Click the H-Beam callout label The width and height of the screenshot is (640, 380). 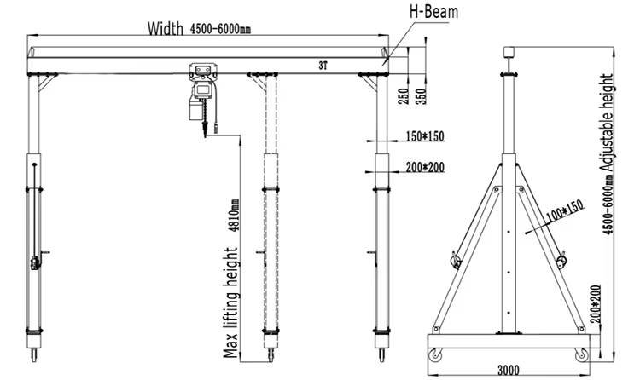coord(435,11)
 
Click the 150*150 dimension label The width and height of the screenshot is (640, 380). coord(425,136)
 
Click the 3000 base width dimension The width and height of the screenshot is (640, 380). coord(509,371)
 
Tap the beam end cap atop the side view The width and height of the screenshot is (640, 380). coord(509,50)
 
